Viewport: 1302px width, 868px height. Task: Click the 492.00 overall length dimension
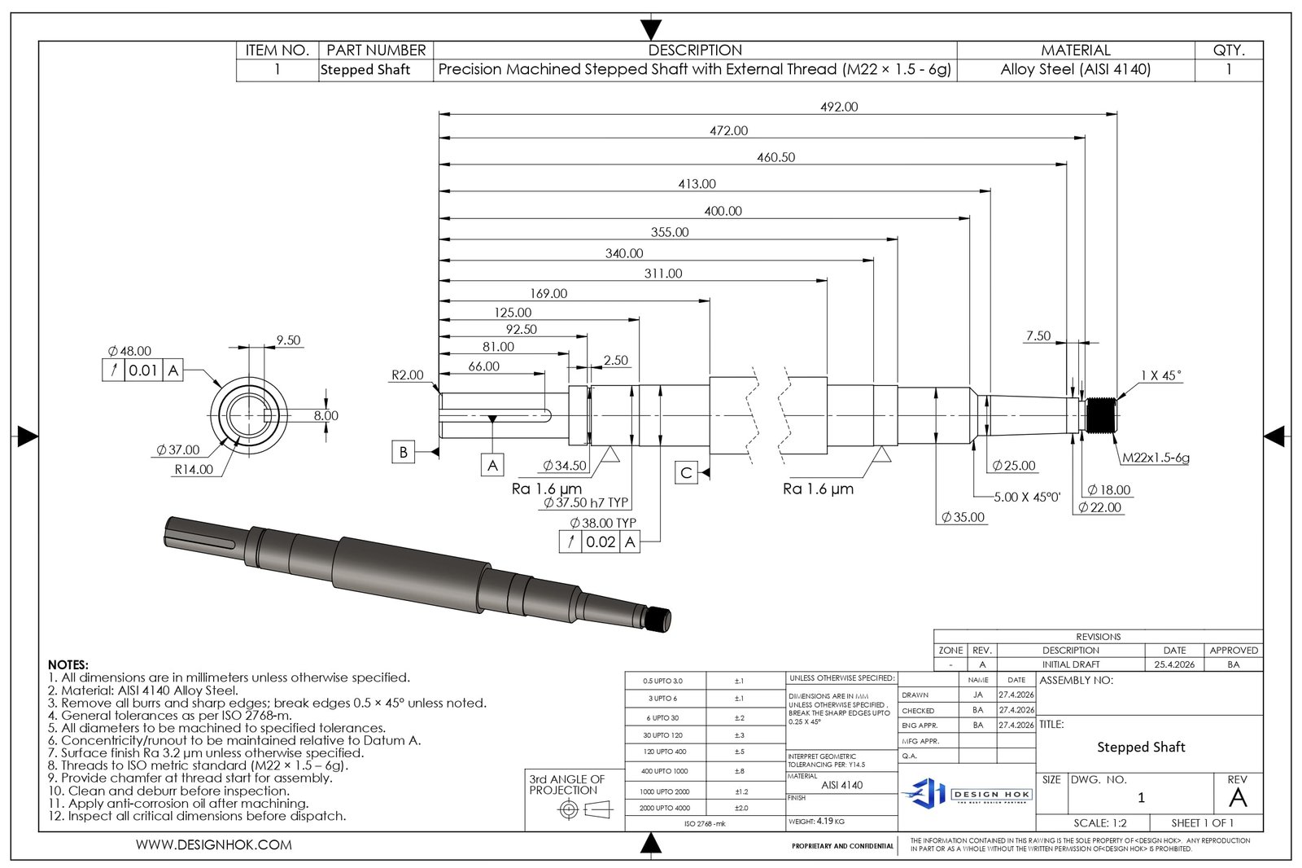coord(839,107)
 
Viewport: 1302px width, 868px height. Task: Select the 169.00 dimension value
coord(548,293)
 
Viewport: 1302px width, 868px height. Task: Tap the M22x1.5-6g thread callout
coord(1156,458)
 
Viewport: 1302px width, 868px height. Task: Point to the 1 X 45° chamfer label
coord(1160,375)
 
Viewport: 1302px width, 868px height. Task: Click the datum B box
coord(404,452)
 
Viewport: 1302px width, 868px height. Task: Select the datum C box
coord(686,472)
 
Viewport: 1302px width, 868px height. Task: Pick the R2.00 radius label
coord(407,375)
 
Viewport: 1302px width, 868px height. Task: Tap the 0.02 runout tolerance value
coord(601,541)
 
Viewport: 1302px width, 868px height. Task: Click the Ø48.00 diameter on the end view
coord(129,351)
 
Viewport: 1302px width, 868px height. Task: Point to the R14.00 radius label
coord(194,470)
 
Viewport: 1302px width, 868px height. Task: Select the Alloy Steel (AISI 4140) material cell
coord(1075,70)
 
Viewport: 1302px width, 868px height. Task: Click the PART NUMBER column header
coord(375,50)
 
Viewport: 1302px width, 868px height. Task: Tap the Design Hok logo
coord(967,793)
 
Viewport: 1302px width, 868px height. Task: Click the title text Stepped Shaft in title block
coord(1140,747)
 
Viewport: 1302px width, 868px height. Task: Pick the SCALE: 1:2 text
coord(1099,823)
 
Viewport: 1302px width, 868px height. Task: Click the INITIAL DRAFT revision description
coord(1070,664)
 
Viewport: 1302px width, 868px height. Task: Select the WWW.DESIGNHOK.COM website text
coord(214,845)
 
